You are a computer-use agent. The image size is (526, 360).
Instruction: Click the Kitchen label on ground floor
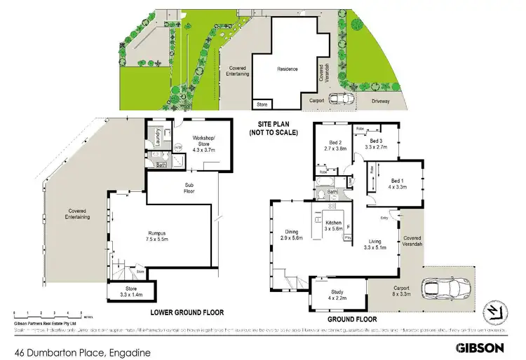coord(332,222)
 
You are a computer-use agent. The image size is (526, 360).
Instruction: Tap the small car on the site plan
coord(340,99)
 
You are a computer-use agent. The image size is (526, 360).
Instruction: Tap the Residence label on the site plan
coord(286,69)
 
